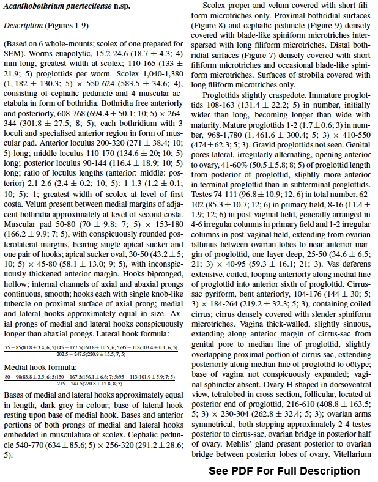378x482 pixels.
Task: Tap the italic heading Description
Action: [24, 26]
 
